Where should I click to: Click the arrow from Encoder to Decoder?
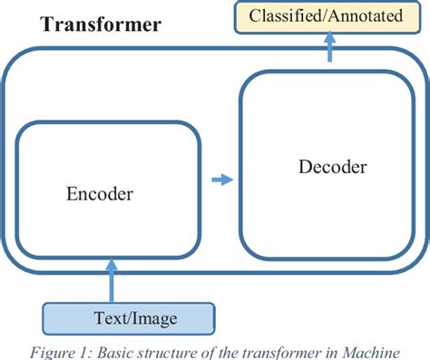click(x=220, y=180)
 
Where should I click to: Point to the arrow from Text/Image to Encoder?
click(x=112, y=277)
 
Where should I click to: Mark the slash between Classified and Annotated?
click(x=325, y=15)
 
